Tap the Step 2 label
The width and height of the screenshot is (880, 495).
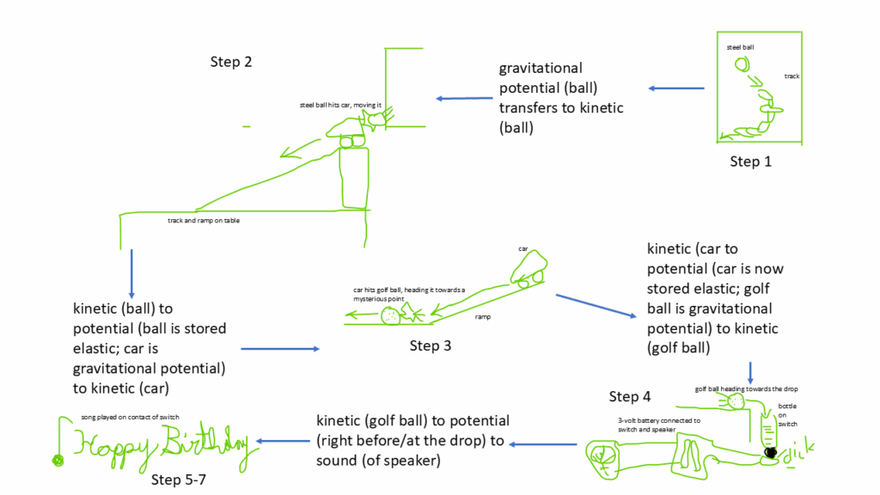[230, 62]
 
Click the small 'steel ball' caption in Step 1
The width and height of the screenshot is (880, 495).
[740, 47]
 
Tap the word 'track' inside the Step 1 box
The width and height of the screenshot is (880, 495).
[791, 76]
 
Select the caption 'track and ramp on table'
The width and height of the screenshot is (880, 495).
[204, 221]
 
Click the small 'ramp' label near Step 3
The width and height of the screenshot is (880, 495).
[482, 317]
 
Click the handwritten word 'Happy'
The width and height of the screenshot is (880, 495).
[113, 445]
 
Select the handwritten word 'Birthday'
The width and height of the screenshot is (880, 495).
[206, 443]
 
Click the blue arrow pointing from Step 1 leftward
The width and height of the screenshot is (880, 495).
[675, 89]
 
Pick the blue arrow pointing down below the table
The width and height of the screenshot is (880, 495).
[131, 272]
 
